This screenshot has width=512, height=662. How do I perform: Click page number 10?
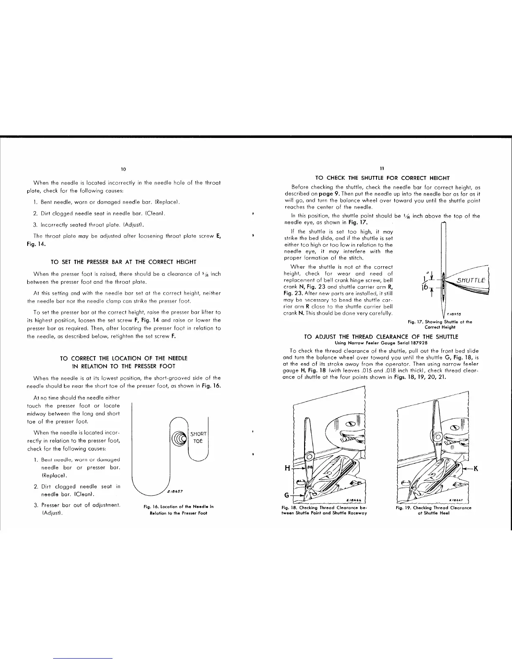123,169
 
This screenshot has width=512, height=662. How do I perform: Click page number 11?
382,169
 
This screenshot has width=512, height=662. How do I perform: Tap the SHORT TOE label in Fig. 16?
198,438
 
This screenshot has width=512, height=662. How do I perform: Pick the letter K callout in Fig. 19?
475,468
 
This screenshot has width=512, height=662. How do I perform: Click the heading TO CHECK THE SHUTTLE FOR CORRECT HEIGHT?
381,178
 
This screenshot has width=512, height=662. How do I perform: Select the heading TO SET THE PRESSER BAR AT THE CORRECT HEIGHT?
123,262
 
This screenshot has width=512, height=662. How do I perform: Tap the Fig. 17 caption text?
440,324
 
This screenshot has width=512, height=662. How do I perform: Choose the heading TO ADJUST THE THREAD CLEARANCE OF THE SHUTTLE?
381,336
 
